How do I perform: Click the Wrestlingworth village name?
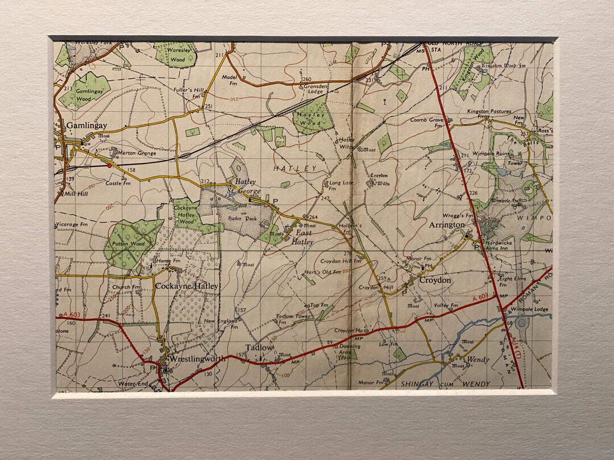pyautogui.click(x=197, y=359)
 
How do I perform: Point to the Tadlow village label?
pyautogui.click(x=259, y=348)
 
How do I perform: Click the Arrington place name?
pyautogui.click(x=447, y=225)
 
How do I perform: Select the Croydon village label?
pyautogui.click(x=435, y=280)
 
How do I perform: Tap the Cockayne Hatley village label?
pyautogui.click(x=186, y=286)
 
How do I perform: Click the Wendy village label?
pyautogui.click(x=478, y=359)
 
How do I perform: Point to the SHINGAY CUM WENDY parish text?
pyautogui.click(x=446, y=384)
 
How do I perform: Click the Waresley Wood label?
pyautogui.click(x=177, y=55)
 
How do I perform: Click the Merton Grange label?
pyautogui.click(x=137, y=153)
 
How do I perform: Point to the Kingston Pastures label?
pyautogui.click(x=489, y=112)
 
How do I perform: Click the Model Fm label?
pyautogui.click(x=229, y=80)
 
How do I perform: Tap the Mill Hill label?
pyautogui.click(x=76, y=194)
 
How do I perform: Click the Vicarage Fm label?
pyautogui.click(x=75, y=224)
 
